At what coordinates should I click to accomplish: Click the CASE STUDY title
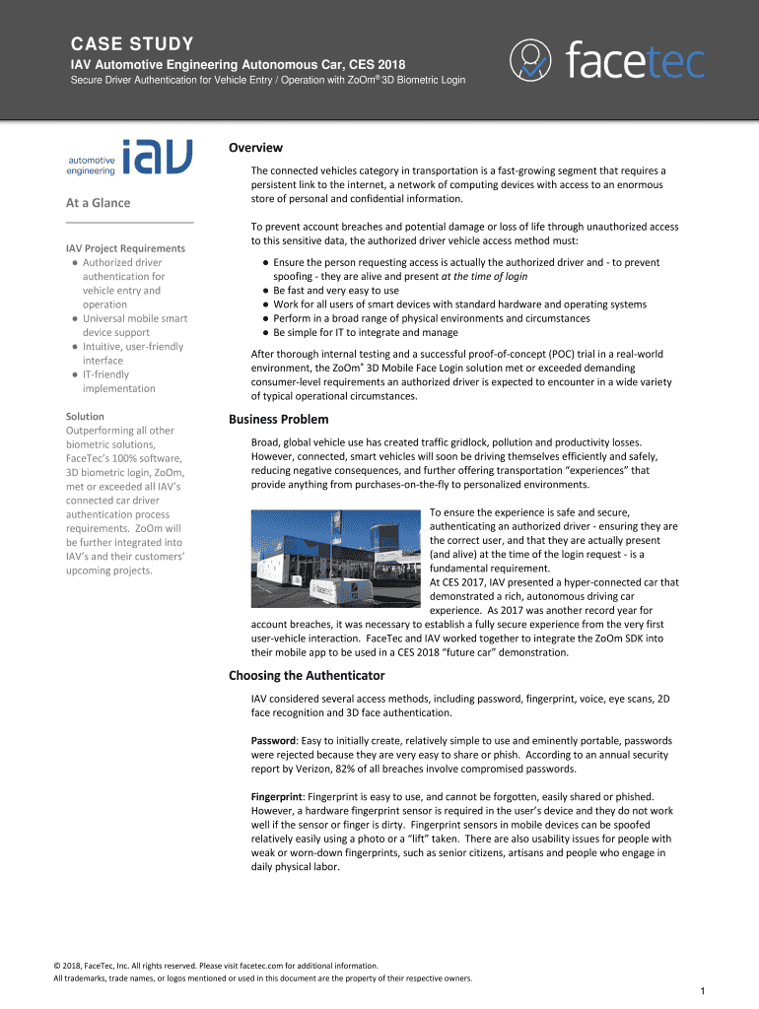pos(130,44)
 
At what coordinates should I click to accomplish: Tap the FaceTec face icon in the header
pos(532,62)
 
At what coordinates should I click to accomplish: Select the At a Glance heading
pos(98,203)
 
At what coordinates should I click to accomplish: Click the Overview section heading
pos(256,148)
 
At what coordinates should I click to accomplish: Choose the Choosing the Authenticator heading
pos(307,675)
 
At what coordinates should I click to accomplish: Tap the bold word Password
pos(274,740)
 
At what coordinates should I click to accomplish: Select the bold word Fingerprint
pos(278,796)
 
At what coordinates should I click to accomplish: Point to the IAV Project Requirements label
pos(125,248)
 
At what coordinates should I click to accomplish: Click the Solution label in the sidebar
pos(85,417)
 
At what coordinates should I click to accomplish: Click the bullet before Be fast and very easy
pos(266,291)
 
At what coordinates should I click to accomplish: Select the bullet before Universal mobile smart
pos(75,318)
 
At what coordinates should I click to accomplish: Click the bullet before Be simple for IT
pos(266,333)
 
